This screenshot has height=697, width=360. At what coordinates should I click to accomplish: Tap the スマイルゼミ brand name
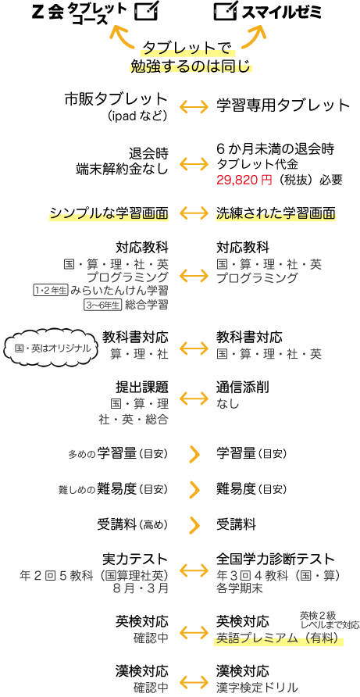281,12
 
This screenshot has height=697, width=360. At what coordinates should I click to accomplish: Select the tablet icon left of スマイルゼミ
226,12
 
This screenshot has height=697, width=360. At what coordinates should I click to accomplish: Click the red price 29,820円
244,180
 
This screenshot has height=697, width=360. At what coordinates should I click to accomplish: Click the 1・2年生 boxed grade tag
50,291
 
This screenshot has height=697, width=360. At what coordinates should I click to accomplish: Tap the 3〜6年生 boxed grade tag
102,305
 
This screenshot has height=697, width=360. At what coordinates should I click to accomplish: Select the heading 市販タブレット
116,99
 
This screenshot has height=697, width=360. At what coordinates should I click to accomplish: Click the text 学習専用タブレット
283,105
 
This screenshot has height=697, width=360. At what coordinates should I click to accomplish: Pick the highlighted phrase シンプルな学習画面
109,214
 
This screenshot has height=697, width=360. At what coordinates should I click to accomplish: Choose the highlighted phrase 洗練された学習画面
276,214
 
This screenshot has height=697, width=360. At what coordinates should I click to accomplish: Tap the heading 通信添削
243,387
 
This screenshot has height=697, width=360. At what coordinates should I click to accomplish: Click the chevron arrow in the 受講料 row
194,524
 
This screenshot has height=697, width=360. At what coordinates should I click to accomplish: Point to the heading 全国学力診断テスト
275,559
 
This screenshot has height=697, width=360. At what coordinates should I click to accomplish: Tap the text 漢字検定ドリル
257,686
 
